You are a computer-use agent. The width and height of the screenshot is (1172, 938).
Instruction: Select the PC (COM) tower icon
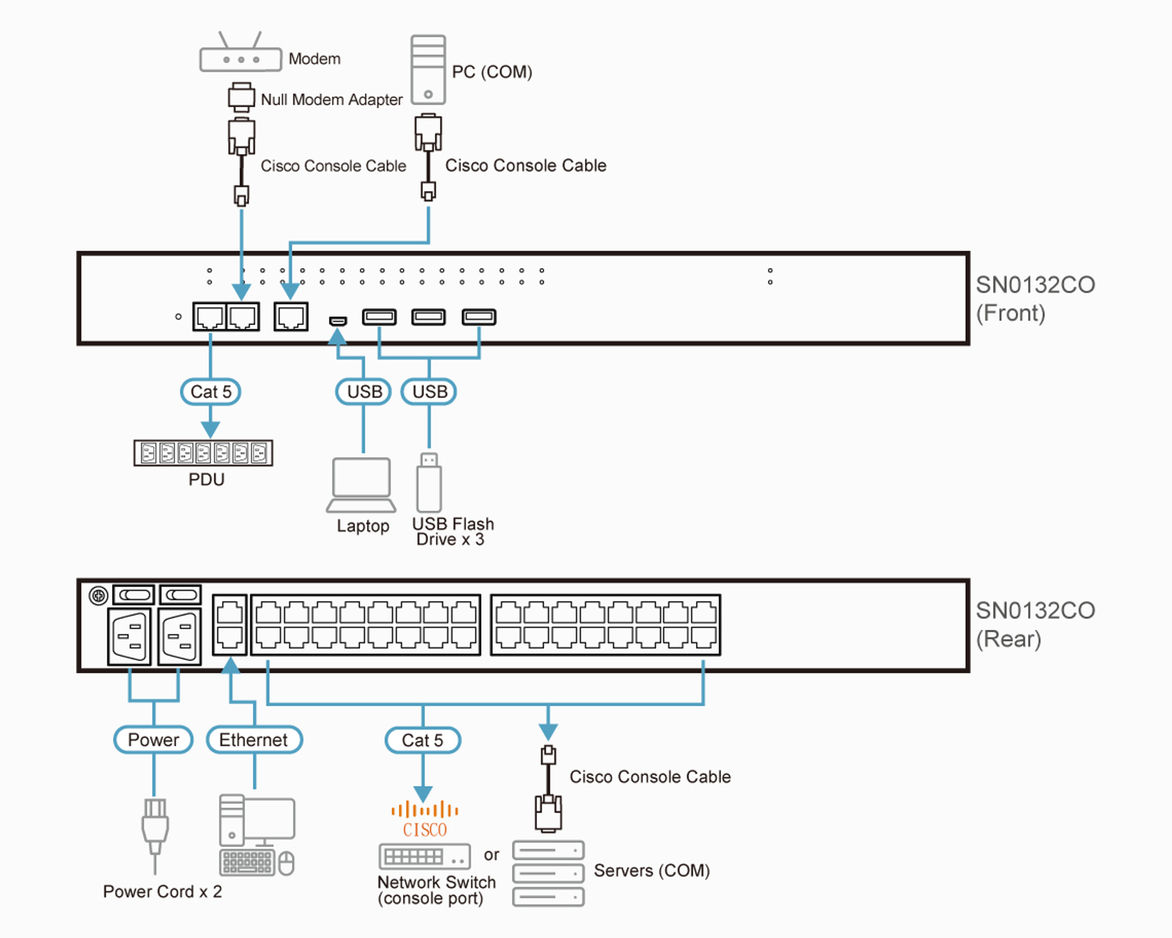pyautogui.click(x=428, y=70)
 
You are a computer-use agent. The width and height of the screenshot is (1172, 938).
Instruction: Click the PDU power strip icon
pyautogui.click(x=203, y=453)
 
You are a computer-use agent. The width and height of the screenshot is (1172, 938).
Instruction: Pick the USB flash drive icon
pyautogui.click(x=429, y=483)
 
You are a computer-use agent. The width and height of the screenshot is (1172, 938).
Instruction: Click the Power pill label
pyautogui.click(x=153, y=740)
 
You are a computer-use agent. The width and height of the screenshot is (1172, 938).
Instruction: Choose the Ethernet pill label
pyautogui.click(x=254, y=740)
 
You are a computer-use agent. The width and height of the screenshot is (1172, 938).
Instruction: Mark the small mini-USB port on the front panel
pyautogui.click(x=338, y=321)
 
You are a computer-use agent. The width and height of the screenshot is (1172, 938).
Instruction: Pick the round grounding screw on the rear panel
pyautogui.click(x=98, y=596)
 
